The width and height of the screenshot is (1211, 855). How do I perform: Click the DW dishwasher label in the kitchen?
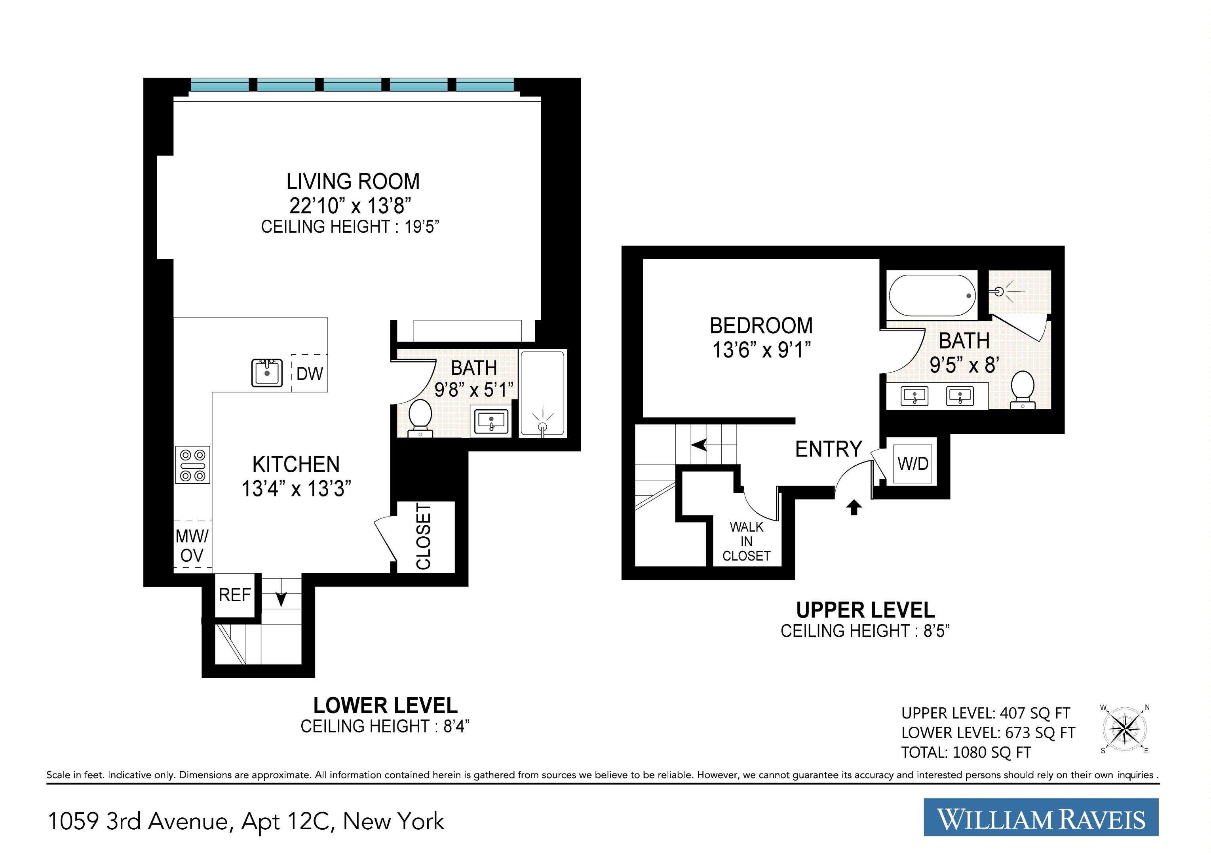point(310,374)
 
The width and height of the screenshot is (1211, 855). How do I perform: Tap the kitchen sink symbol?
point(267,372)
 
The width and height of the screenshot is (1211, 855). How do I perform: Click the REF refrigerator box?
point(235,595)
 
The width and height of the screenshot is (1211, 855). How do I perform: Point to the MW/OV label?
point(192,546)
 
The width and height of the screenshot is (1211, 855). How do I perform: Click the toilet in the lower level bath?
point(420,418)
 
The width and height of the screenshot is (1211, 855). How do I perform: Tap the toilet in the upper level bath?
point(1023,390)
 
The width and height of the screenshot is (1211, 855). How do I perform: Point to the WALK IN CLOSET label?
point(746,541)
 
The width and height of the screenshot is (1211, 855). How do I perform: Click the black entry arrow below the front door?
point(854,507)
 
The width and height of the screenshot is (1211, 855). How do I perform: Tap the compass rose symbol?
point(1125,729)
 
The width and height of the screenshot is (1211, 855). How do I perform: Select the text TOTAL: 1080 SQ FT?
point(966,752)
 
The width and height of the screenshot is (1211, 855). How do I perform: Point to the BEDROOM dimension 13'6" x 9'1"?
point(761,350)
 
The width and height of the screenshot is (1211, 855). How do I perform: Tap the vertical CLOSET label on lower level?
point(424,536)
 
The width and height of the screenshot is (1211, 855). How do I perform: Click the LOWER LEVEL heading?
point(385,705)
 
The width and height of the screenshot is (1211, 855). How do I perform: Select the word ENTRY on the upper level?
point(828,449)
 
